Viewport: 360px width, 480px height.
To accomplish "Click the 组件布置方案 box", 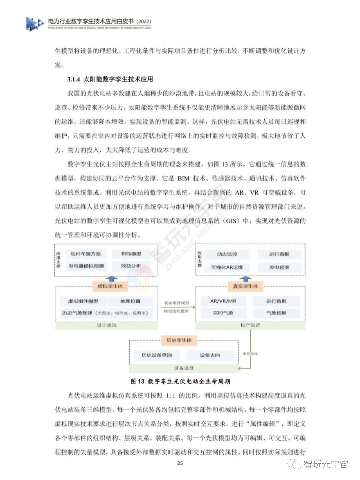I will click(86, 254).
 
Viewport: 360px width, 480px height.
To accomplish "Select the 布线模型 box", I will click(131, 254).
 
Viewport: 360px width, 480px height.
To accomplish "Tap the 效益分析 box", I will click(131, 266).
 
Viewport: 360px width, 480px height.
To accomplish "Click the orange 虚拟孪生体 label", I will click(110, 286).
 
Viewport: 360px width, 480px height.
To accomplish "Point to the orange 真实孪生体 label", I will click(245, 286).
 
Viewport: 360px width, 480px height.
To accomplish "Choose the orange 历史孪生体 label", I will click(179, 340).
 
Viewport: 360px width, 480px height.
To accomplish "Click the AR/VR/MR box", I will click(223, 301).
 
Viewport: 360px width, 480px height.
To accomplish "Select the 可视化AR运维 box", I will click(227, 267).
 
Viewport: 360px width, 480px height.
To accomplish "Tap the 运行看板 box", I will click(279, 254).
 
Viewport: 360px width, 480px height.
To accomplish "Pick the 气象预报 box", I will click(276, 313).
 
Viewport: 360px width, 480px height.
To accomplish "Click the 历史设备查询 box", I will click(157, 355).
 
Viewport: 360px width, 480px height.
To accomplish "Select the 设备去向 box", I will click(210, 355).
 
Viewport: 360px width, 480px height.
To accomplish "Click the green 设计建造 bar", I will click(107, 325).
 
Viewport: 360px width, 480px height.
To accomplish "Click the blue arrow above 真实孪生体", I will click(246, 279).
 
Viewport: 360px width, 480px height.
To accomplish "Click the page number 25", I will click(180, 463).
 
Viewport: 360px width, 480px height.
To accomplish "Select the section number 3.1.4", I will click(74, 79).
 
